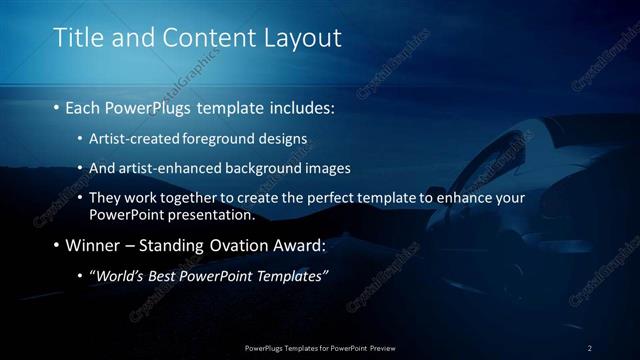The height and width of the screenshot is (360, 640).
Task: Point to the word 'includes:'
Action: click(x=300, y=105)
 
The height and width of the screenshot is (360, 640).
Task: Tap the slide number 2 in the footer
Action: click(x=589, y=348)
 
